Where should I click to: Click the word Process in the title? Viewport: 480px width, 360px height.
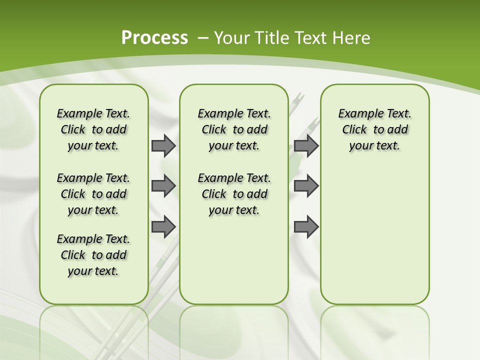point(154,37)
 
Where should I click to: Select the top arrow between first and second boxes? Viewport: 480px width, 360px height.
point(163,145)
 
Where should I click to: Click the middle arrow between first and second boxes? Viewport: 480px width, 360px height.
point(163,186)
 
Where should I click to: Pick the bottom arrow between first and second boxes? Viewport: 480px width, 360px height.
point(163,226)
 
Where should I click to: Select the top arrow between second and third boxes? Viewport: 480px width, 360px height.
point(306,145)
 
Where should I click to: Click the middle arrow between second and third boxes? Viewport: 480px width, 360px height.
point(306,186)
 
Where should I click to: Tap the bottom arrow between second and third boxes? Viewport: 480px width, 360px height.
point(306,226)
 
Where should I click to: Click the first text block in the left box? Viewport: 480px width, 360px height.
point(93,129)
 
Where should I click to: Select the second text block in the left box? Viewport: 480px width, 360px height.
point(93,194)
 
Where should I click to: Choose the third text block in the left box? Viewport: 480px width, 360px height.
point(93,255)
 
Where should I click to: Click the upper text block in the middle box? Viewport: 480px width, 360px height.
point(234,129)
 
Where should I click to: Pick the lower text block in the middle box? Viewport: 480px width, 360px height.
point(234,194)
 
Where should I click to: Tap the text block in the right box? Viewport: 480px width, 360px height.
point(374,129)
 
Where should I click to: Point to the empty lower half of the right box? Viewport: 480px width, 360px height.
point(374,235)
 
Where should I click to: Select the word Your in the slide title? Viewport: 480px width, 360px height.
point(233,37)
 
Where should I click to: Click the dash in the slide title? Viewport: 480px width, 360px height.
point(203,37)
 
